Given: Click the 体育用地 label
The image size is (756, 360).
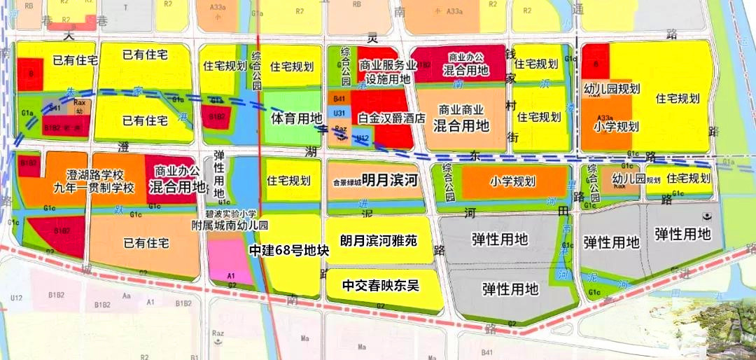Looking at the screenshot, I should (296, 118).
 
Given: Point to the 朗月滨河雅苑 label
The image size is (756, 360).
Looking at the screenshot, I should (379, 240).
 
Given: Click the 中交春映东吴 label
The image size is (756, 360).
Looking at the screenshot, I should (380, 285).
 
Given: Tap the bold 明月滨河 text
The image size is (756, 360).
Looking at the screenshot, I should (390, 181).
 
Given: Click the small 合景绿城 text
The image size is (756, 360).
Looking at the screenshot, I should (346, 182).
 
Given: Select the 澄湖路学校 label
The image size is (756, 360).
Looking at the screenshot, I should (94, 174).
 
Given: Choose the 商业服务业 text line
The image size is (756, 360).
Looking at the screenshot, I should (388, 65).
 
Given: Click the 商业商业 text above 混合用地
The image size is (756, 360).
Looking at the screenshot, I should (461, 111).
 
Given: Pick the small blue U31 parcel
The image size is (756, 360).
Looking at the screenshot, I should (339, 113).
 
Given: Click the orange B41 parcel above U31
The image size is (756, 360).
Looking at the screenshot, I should (339, 100).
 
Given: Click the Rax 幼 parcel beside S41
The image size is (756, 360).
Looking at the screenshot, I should (78, 106).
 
